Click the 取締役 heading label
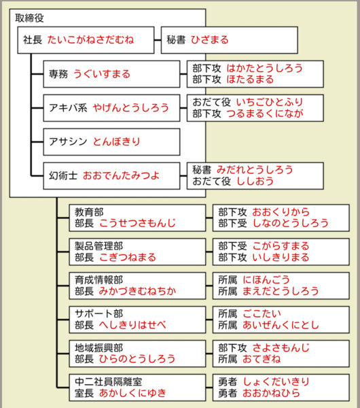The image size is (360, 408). click(x=29, y=18)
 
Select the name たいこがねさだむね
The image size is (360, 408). click(x=90, y=40)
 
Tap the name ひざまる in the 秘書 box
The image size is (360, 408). click(x=210, y=40)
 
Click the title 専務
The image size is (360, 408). click(x=58, y=74)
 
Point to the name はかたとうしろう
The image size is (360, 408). click(x=265, y=68)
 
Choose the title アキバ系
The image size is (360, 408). click(x=68, y=107)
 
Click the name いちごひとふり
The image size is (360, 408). click(x=270, y=102)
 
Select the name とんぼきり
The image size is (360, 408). click(x=117, y=141)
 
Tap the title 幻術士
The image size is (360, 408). click(x=63, y=175)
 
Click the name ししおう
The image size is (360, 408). click(x=255, y=181)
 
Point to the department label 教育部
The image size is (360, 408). click(x=89, y=212)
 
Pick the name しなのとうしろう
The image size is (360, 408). click(x=291, y=223)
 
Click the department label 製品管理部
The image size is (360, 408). click(x=98, y=246)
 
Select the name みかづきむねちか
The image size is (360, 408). click(x=137, y=291)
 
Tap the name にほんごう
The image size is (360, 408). click(x=266, y=280)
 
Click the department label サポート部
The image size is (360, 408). click(x=98, y=313)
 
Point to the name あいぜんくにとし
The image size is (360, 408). click(x=281, y=325)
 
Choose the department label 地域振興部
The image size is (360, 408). click(x=98, y=348)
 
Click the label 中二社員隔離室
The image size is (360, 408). click(x=109, y=381)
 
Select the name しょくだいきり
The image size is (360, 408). click(x=276, y=381)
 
